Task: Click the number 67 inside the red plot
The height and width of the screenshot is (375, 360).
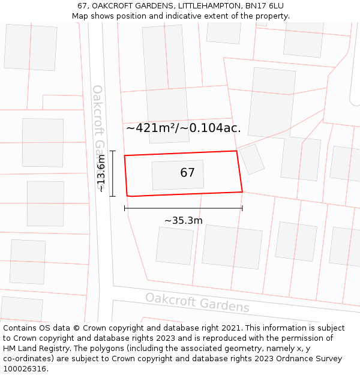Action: point(187,173)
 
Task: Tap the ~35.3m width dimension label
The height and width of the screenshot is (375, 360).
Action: point(184,220)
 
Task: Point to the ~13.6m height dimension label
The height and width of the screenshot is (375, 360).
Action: point(101,173)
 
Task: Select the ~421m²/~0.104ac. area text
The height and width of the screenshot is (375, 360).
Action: point(183,128)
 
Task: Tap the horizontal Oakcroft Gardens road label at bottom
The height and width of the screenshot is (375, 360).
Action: point(197,302)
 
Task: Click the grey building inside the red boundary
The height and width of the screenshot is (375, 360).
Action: point(177,175)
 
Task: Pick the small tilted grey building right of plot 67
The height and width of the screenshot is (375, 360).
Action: point(252,159)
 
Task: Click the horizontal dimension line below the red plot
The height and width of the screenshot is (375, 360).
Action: point(184,209)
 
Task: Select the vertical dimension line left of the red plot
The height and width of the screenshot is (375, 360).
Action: point(112,173)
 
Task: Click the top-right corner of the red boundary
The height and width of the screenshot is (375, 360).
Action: point(236,151)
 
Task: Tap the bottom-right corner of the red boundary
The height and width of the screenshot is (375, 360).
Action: point(242,192)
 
